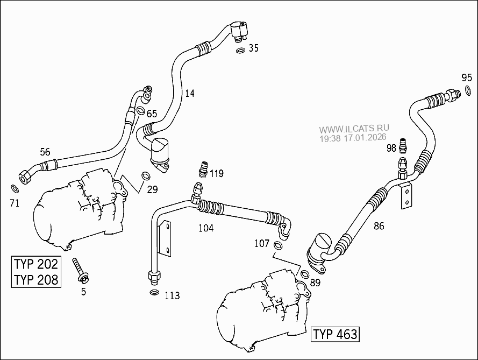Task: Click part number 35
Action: (x=254, y=48)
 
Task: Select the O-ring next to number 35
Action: (x=240, y=51)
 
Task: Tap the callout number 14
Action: (x=189, y=94)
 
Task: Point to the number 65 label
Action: (x=152, y=114)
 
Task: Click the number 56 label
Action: (x=45, y=151)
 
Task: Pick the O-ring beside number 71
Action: (x=15, y=189)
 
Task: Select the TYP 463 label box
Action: (x=335, y=334)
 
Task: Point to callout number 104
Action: (x=205, y=228)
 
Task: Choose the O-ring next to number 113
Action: (x=154, y=293)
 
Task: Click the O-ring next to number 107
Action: (x=278, y=246)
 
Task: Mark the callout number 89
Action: (x=315, y=281)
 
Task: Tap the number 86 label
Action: (x=379, y=226)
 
